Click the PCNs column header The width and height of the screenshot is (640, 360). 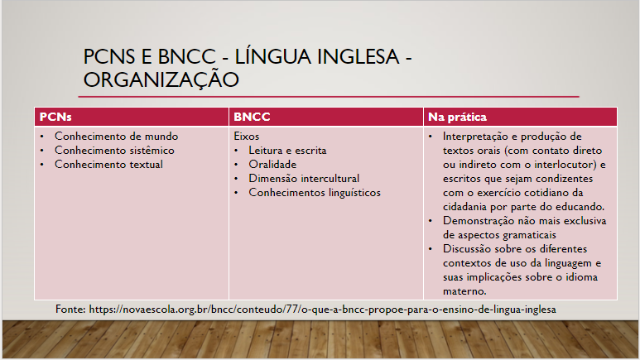(55, 118)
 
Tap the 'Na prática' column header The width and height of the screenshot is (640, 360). (456, 118)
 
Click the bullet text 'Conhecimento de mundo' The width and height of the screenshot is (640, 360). (116, 136)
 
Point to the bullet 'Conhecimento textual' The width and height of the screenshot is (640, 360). (108, 164)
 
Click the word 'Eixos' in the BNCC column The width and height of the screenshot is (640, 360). (248, 136)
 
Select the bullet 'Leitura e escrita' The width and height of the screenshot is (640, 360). (287, 150)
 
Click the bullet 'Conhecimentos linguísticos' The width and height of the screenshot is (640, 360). (314, 192)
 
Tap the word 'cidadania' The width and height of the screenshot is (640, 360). (467, 206)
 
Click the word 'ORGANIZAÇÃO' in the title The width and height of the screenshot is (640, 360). (161, 79)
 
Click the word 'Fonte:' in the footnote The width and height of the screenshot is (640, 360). (71, 309)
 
